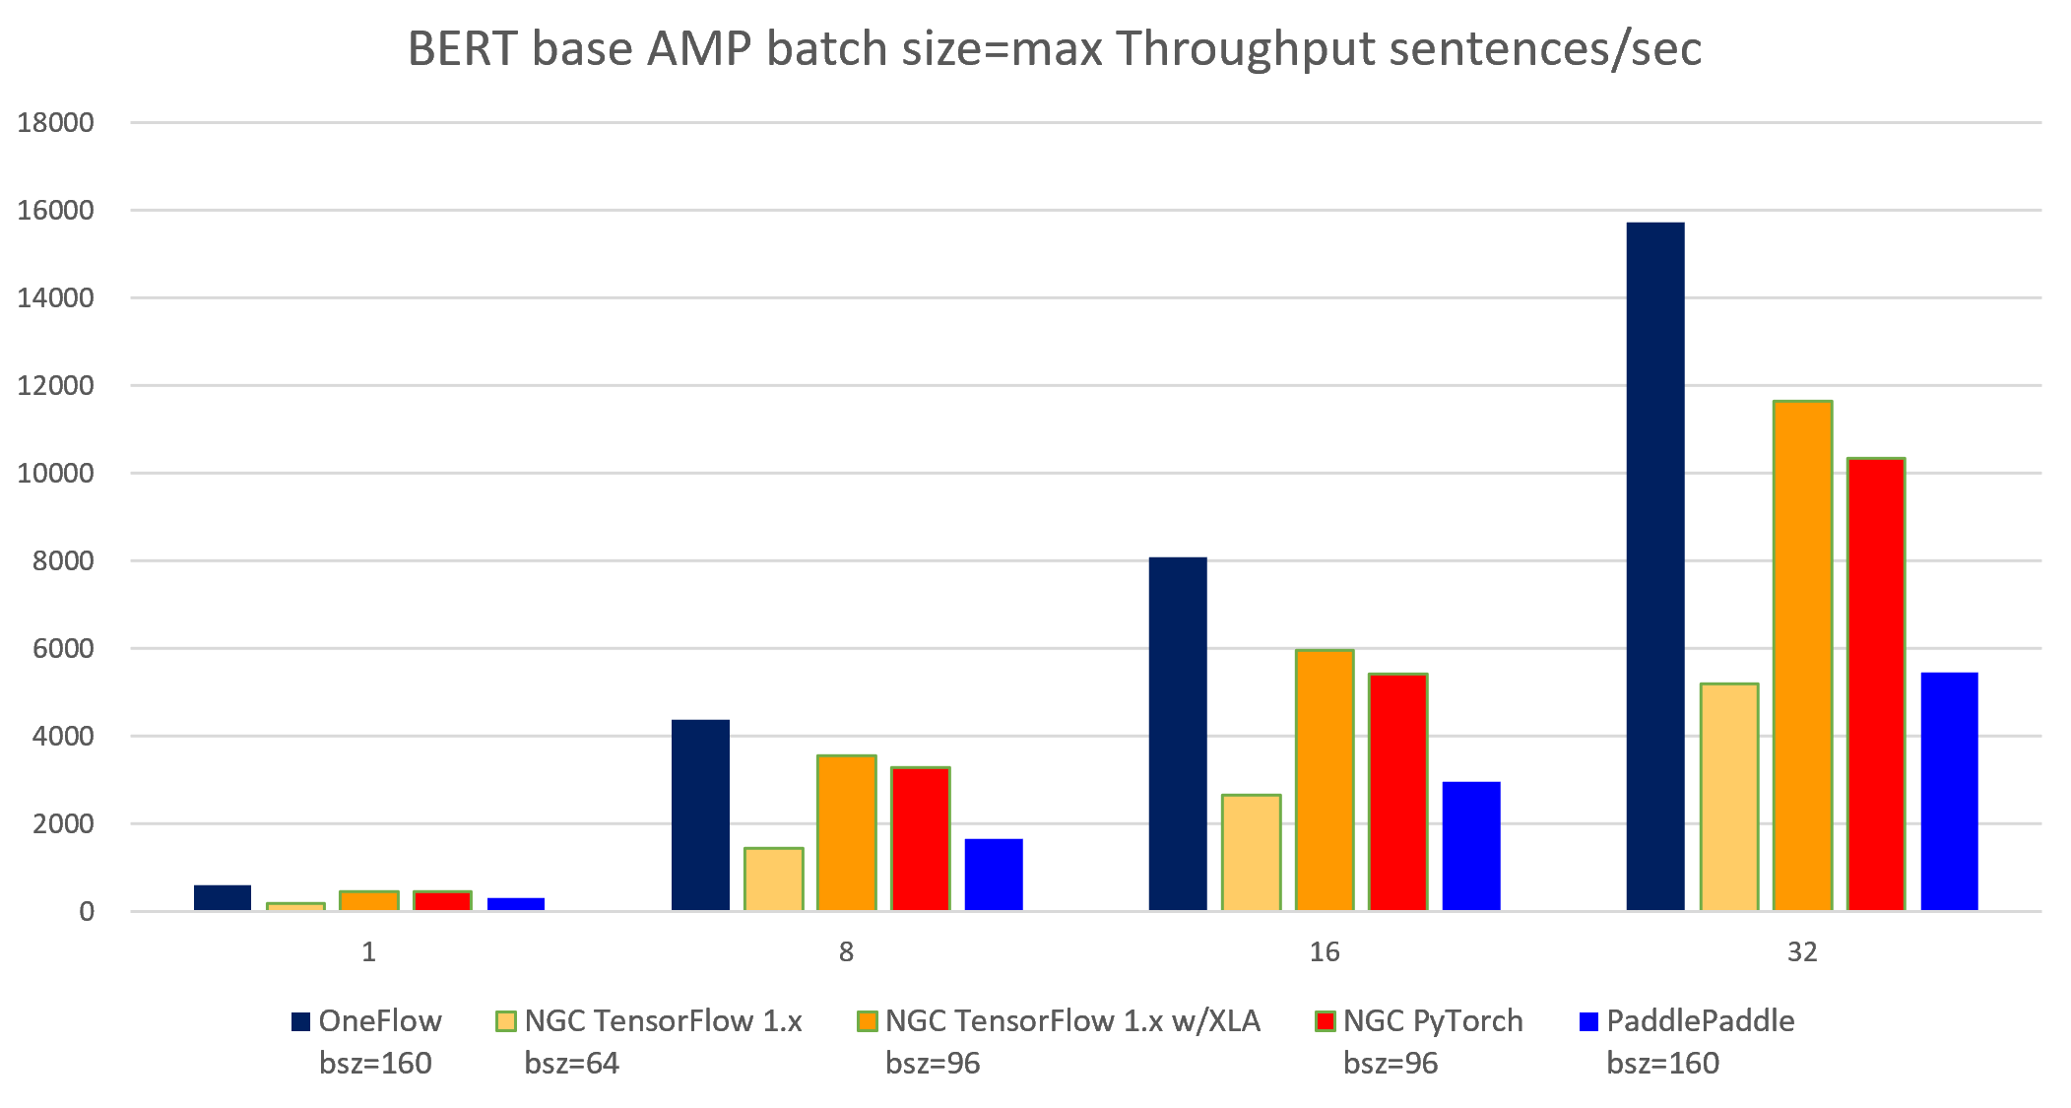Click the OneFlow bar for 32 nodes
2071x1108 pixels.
[x=1654, y=566]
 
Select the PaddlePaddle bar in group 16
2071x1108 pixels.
[x=1470, y=846]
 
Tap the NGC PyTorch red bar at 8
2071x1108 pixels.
[x=920, y=838]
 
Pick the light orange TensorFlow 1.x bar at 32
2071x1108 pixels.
[x=1728, y=797]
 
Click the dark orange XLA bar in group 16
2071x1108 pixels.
[x=1324, y=780]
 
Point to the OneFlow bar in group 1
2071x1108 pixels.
[x=222, y=897]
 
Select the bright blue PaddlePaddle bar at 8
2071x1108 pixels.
[x=993, y=875]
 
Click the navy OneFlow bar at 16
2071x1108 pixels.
[x=1177, y=734]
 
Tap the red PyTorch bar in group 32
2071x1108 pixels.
[x=1875, y=684]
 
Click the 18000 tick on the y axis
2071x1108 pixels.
[x=55, y=123]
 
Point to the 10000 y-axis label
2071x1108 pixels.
[x=55, y=474]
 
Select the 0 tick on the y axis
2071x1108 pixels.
[x=87, y=912]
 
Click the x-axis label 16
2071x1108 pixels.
[x=1324, y=952]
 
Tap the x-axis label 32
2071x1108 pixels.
[x=1801, y=952]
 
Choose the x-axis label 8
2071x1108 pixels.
[x=846, y=952]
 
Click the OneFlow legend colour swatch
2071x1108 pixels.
[x=300, y=1021]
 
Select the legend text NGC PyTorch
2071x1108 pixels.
[x=1432, y=1021]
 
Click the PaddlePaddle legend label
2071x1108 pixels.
[x=1699, y=1021]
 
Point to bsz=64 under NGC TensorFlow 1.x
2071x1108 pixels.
[x=571, y=1064]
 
